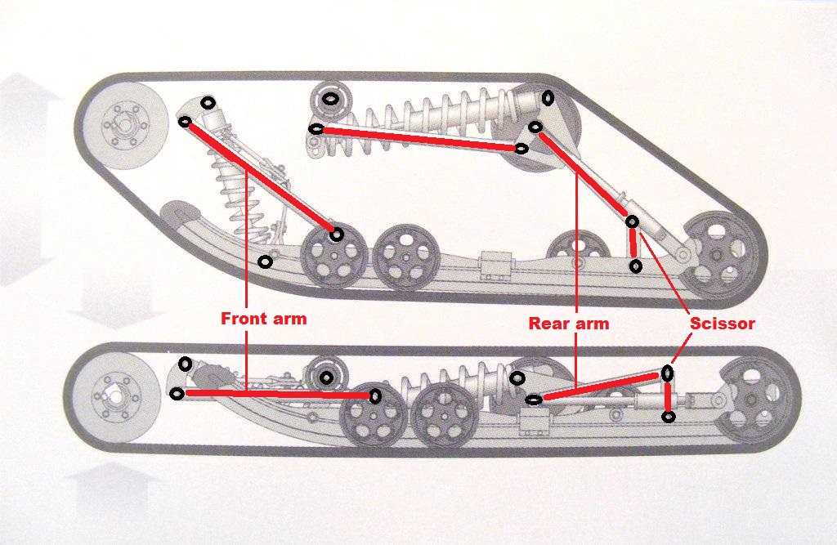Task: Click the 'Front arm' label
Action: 264,319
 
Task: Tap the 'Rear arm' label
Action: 569,323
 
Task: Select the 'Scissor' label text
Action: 723,323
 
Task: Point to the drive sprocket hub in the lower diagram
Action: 114,395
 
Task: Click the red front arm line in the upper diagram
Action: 261,178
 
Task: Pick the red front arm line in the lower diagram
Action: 276,395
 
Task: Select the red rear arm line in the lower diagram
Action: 601,387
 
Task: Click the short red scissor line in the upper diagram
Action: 633,243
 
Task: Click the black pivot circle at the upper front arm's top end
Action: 185,122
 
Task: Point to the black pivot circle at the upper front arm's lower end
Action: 336,235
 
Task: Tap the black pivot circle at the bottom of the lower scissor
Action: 669,417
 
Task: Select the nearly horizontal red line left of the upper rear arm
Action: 418,138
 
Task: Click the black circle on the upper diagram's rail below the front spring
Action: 266,262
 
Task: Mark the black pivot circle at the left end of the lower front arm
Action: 177,394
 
